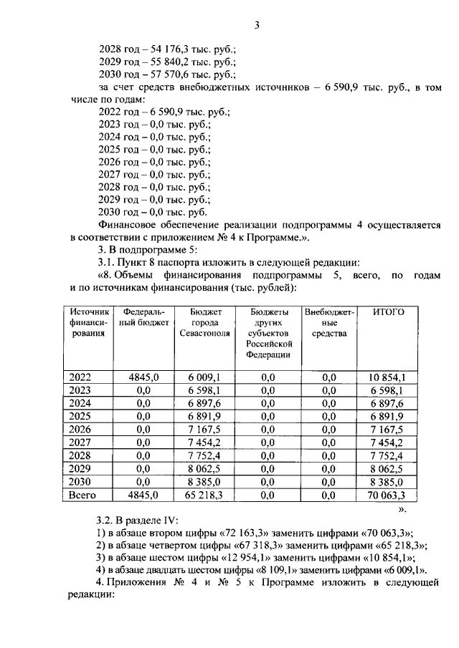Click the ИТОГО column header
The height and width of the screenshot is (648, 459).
tap(389, 312)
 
